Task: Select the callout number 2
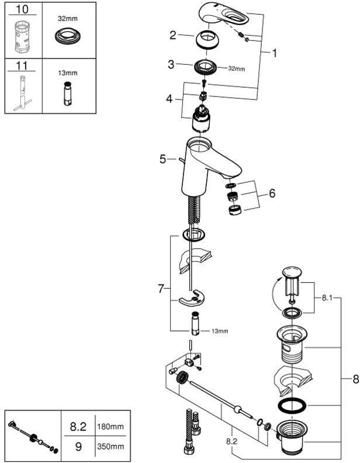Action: (x=172, y=36)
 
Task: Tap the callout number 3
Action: (x=171, y=64)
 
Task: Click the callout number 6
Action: (x=272, y=193)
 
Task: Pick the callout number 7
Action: (x=161, y=288)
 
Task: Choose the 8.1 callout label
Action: (x=327, y=297)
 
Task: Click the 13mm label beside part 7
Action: (x=220, y=331)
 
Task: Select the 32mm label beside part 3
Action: (x=237, y=68)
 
